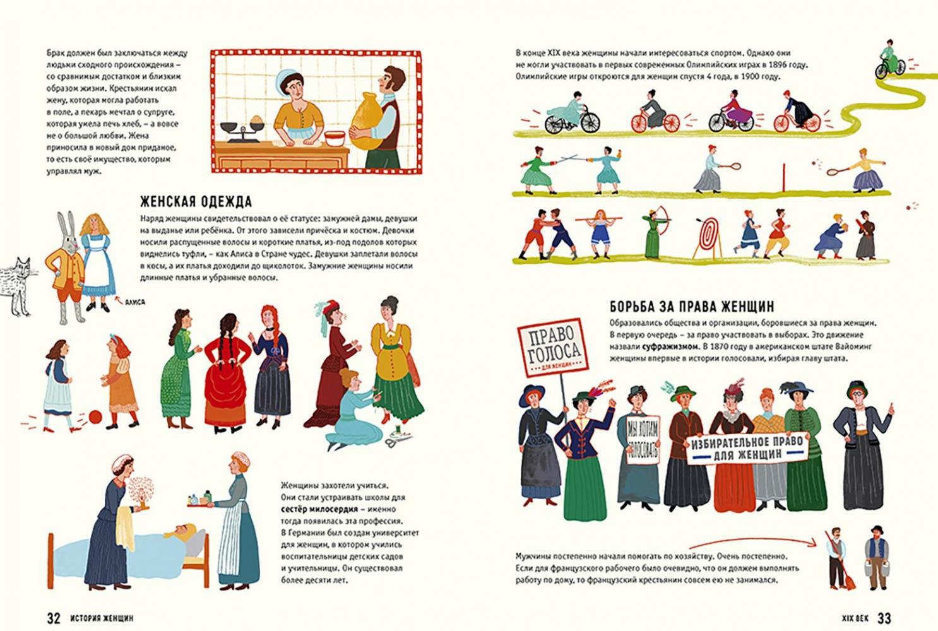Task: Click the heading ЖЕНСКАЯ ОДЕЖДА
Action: (196, 201)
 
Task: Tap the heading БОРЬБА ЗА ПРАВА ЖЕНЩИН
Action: (692, 307)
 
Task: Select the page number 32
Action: (54, 618)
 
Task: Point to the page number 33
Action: (884, 618)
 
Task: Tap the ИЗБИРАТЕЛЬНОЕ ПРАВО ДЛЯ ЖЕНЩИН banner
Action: (747, 448)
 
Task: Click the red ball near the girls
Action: (95, 416)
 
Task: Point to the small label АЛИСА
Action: (135, 302)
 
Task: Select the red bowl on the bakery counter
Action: (335, 138)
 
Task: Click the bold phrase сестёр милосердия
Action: (319, 509)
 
